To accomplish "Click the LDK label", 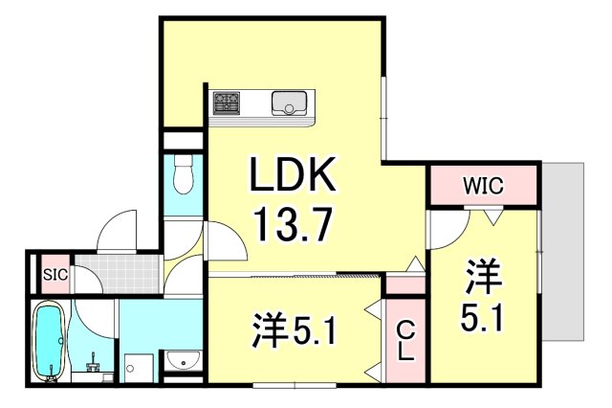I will [294, 178].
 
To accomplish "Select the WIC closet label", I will [483, 185].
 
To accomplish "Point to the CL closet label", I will [405, 338].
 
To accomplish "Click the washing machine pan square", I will [139, 367].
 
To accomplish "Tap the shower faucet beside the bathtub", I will [94, 363].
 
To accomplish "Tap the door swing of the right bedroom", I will [445, 228].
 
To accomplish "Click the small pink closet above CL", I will [405, 284].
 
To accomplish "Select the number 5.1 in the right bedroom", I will [483, 321].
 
